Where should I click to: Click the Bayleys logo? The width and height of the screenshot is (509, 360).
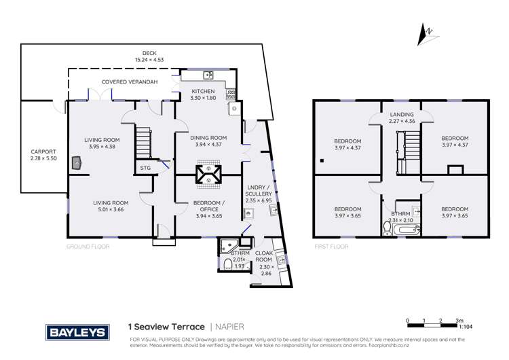point(77,332)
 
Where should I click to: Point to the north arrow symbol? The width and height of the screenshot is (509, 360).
point(426,35)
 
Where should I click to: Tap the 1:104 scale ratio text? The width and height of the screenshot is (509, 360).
point(466,327)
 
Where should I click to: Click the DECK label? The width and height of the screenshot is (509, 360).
point(149,53)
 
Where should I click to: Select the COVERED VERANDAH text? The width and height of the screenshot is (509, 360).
point(130,82)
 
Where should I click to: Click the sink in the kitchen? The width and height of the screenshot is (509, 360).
point(209,75)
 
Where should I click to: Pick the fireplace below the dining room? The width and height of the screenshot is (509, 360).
point(207,174)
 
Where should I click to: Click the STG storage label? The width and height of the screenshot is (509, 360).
point(145,167)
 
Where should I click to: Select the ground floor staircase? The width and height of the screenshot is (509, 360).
point(143,141)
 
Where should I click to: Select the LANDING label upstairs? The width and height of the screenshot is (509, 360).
point(402,114)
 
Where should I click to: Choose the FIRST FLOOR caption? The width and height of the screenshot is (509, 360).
point(331,247)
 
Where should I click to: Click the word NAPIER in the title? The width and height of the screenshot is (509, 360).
point(229,327)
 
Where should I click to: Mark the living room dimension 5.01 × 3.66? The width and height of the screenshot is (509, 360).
point(111,210)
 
